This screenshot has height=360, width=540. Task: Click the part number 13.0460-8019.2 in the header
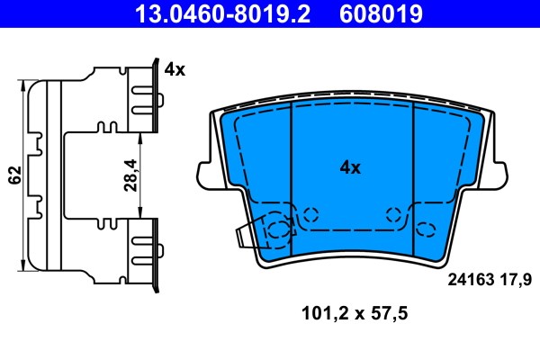pyautogui.click(x=222, y=13)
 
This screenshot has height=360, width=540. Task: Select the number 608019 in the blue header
pyautogui.click(x=381, y=13)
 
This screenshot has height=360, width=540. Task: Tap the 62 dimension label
pyautogui.click(x=15, y=175)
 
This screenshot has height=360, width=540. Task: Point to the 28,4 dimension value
pyautogui.click(x=130, y=175)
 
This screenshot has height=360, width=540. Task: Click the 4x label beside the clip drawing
pyautogui.click(x=175, y=69)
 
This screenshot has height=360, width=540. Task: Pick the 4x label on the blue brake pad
pyautogui.click(x=350, y=167)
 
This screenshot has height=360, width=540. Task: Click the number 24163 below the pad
pyautogui.click(x=471, y=280)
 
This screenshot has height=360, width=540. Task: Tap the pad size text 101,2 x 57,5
pyautogui.click(x=355, y=313)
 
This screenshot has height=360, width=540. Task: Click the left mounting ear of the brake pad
pyautogui.click(x=205, y=175)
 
